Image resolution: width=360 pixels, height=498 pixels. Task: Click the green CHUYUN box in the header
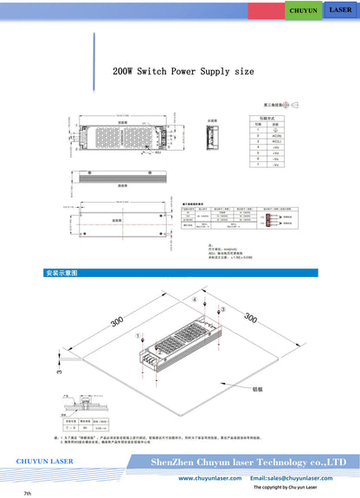point(303,10)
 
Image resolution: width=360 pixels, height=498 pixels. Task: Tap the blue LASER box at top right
point(340,10)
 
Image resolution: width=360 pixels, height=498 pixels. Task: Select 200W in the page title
point(125,71)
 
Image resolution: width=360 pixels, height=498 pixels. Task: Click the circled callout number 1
point(137,333)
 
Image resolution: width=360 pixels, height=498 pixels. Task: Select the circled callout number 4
point(195,300)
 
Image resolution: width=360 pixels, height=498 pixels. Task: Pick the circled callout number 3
point(222,309)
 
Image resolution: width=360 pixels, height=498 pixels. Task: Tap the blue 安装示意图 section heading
point(62,273)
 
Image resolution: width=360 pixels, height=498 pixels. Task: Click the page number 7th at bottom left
point(28,493)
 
